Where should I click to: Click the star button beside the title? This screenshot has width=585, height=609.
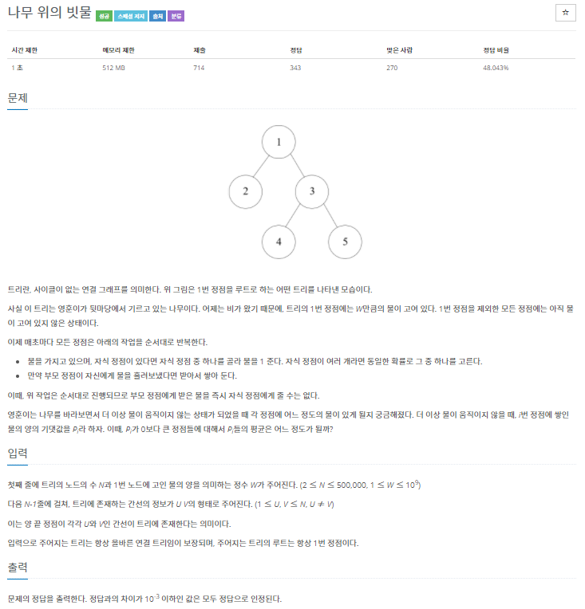565,13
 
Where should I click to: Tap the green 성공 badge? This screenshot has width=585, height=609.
103,15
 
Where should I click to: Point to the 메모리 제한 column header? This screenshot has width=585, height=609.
117,50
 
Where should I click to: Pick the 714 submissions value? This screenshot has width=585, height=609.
200,68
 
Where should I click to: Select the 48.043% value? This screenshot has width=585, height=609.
496,68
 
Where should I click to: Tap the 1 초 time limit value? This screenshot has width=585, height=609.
17,68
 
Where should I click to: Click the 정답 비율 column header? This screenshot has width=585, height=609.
496,50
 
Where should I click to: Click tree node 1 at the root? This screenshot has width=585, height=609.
279,142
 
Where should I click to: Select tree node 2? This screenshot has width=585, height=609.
246,191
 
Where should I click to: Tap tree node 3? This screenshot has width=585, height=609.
312,191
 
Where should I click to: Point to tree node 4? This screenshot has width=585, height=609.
279,242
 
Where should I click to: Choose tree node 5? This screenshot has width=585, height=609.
345,242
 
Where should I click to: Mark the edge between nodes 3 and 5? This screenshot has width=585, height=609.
328,216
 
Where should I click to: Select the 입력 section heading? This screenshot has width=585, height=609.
18,453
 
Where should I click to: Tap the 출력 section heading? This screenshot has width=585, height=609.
18,568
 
